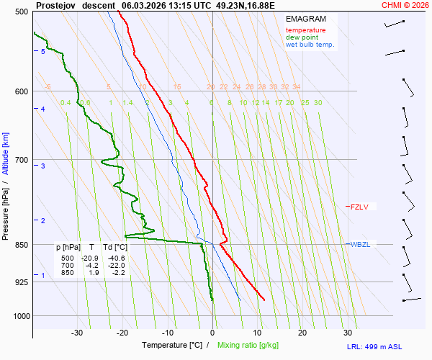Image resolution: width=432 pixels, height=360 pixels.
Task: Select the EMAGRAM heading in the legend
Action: click(x=305, y=19)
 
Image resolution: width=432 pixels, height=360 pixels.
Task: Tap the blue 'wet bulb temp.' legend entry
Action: click(x=310, y=45)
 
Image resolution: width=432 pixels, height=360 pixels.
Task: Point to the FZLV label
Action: click(x=359, y=207)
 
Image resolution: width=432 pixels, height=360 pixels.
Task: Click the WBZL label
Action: click(x=360, y=245)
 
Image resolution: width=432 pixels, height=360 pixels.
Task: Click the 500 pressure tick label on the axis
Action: click(x=21, y=12)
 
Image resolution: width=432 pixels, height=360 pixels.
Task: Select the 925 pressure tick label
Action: click(x=21, y=282)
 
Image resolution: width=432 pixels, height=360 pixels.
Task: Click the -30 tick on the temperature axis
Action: click(x=77, y=333)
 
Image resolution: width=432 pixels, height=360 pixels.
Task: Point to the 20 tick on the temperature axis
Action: click(x=302, y=333)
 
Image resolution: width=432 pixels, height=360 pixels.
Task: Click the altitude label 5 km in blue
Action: click(x=43, y=52)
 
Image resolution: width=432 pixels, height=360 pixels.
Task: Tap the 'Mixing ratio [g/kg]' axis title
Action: click(x=249, y=346)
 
